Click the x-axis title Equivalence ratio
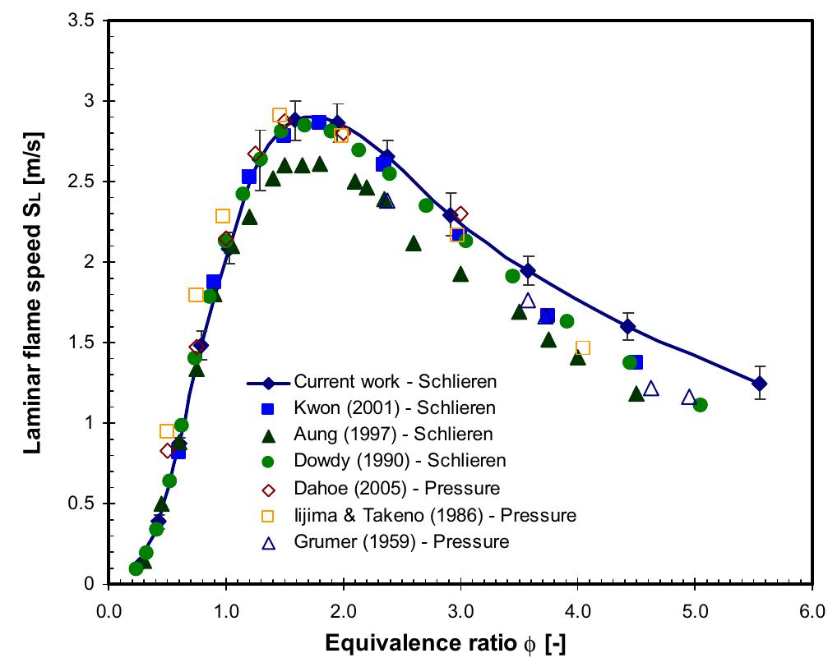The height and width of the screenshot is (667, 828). point(460,644)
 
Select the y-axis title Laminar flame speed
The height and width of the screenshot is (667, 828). point(31,302)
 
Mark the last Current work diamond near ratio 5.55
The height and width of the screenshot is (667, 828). point(760,383)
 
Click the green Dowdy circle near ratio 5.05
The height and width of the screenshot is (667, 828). point(701,404)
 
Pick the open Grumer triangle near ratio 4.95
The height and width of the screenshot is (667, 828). point(689,398)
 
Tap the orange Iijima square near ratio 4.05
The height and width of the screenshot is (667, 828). point(583,348)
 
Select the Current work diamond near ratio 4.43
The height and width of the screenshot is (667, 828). point(628,326)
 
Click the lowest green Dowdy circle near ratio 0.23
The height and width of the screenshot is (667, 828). point(136,568)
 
